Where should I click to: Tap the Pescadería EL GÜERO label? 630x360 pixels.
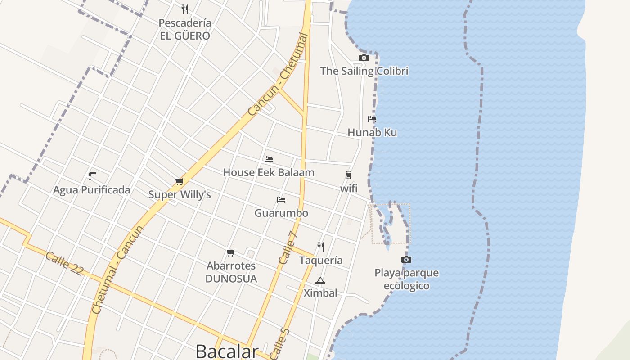tap(185, 29)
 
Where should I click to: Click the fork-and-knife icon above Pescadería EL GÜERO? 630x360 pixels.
tap(184, 9)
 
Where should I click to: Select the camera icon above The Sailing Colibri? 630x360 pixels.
tap(364, 58)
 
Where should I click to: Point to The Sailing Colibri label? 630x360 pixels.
tap(364, 71)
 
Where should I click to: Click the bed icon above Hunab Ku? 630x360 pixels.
tap(372, 119)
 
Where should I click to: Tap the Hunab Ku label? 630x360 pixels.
tap(372, 133)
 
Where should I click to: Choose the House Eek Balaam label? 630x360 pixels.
tap(269, 172)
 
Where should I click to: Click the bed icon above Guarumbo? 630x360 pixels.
tap(281, 199)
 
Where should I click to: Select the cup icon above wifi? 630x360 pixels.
tap(348, 175)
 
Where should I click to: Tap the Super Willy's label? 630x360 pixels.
tap(180, 195)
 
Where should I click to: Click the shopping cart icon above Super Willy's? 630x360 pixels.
tap(179, 181)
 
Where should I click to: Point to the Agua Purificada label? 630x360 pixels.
tap(92, 190)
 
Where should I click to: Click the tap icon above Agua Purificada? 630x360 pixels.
tap(92, 176)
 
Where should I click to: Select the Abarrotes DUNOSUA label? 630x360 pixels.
tap(231, 272)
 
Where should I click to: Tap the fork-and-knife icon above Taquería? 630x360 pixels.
tap(320, 247)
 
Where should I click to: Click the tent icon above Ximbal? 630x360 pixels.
tap(320, 281)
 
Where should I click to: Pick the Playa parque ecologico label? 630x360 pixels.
tap(406, 279)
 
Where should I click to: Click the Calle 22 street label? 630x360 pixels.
tap(64, 263)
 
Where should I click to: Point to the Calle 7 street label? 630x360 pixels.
tap(288, 247)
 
